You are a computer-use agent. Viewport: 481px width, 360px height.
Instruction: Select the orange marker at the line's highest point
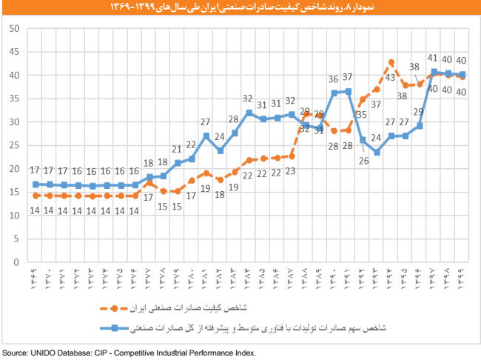pyautogui.click(x=391, y=62)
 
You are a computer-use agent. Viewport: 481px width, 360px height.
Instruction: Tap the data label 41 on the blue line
pyautogui.click(x=434, y=58)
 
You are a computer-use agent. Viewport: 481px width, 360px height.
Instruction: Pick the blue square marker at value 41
pyautogui.click(x=434, y=72)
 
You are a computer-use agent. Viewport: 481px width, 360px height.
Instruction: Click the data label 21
pyautogui.click(x=177, y=148)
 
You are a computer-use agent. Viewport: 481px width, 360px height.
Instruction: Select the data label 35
pyautogui.click(x=362, y=115)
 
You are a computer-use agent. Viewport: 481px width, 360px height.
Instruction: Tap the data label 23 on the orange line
pyautogui.click(x=291, y=172)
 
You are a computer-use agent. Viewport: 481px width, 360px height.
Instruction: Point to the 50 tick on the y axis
pyautogui.click(x=14, y=28)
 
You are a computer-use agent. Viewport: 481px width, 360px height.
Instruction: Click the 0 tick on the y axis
pyautogui.click(x=16, y=262)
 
